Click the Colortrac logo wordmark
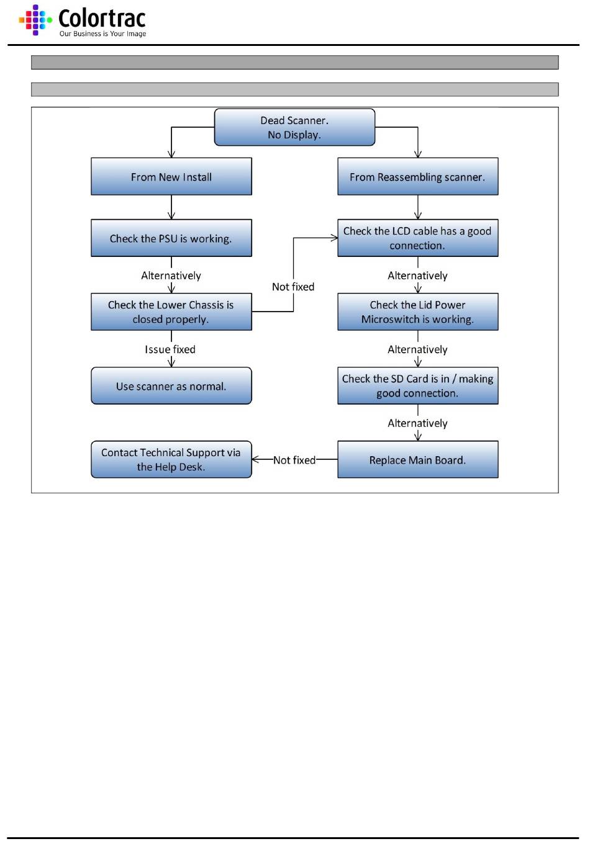(102, 18)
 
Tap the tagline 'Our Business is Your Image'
(102, 34)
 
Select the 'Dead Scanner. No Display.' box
(294, 127)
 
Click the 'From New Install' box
(171, 176)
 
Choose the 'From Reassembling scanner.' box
(417, 176)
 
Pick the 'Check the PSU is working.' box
(171, 238)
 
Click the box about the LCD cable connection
(417, 238)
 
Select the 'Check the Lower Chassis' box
(171, 312)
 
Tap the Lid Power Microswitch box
(417, 312)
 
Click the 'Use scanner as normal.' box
(171, 385)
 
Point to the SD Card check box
(417, 385)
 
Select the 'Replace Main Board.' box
(417, 459)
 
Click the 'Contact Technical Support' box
(171, 459)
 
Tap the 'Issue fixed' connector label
(170, 349)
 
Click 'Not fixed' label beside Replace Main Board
(294, 460)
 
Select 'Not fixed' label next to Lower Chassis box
(293, 287)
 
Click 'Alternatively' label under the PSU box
(171, 275)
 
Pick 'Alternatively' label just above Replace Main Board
(417, 423)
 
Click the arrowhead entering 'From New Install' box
(171, 154)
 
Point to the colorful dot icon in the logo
(35, 20)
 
